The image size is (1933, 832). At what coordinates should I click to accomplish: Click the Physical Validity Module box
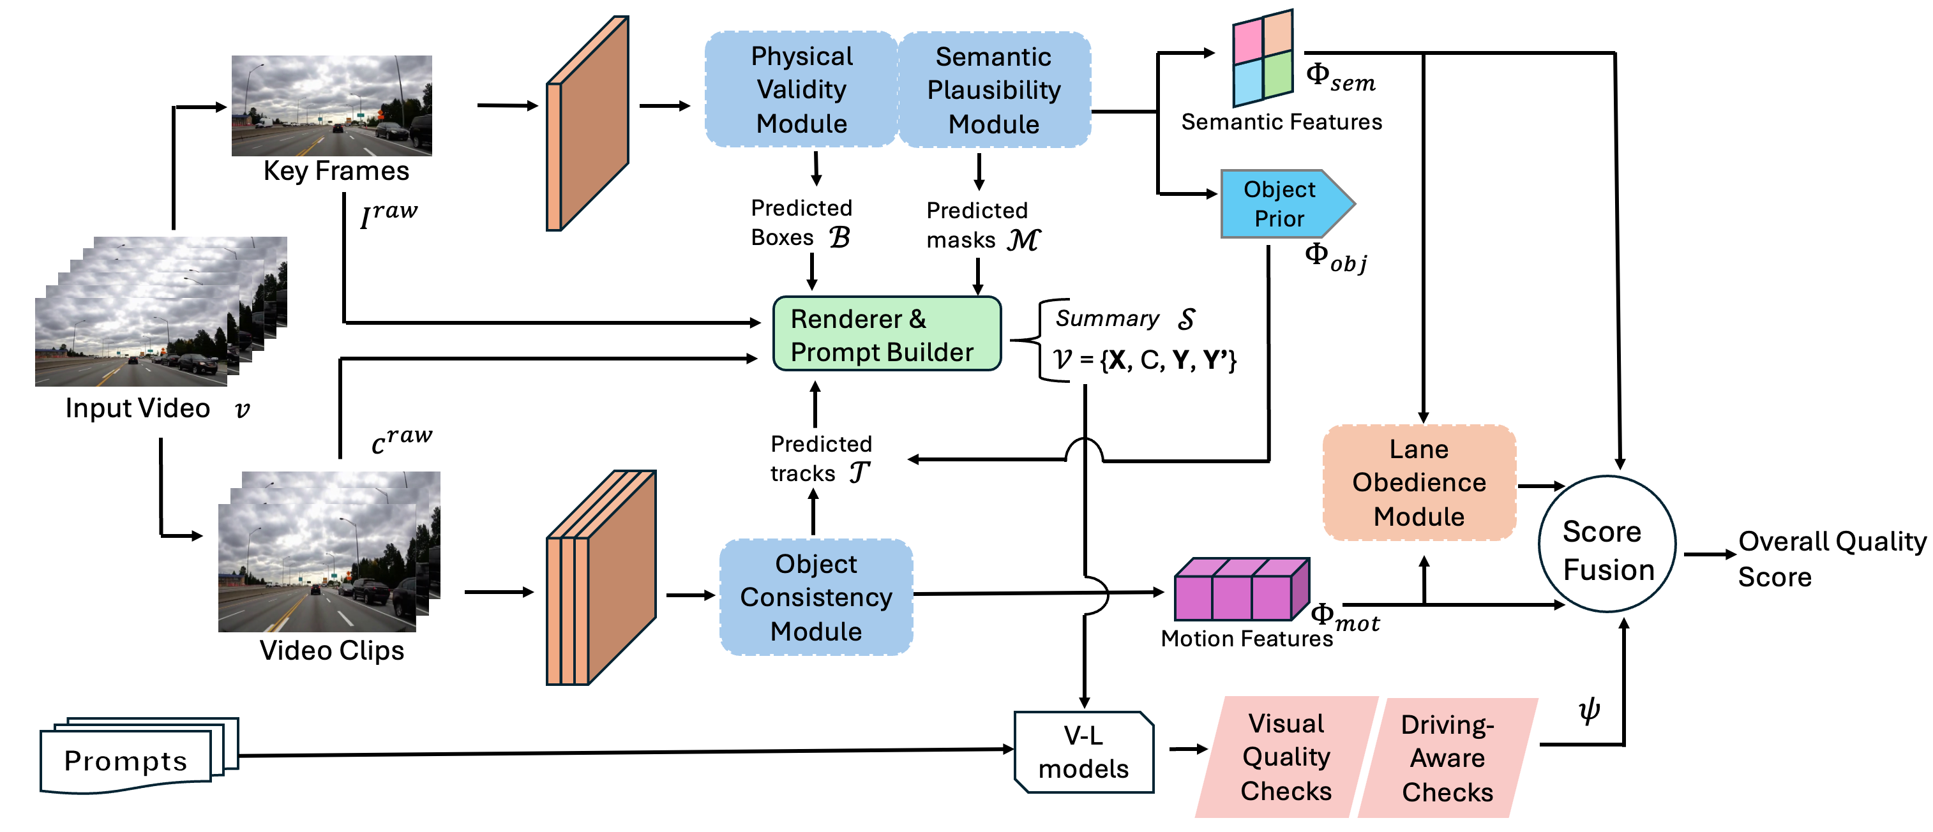coord(801,89)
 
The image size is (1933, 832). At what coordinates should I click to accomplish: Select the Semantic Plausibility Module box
coord(993,90)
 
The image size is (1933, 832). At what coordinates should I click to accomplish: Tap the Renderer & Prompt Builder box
coord(886,334)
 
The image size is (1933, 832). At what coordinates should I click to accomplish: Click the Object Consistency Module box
coord(816,597)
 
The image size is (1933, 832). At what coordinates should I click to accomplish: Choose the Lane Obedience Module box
coord(1418,482)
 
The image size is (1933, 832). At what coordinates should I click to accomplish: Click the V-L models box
coord(1083,752)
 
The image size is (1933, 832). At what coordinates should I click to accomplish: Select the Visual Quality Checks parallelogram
coord(1286,757)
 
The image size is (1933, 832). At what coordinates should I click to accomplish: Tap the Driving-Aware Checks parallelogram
coord(1447,758)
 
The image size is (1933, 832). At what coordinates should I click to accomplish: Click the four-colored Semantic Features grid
coord(1263,59)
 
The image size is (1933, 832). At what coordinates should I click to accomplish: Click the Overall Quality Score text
coord(1831,558)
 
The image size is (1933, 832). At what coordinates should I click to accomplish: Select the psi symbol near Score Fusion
coord(1588,709)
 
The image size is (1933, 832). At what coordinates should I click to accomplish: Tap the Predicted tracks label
coord(820,458)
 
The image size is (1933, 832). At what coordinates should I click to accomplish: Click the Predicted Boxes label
coord(801,223)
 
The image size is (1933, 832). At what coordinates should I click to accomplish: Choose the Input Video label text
coord(138,408)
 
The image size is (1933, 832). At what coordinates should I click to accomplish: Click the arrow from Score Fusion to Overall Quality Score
coord(1709,554)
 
